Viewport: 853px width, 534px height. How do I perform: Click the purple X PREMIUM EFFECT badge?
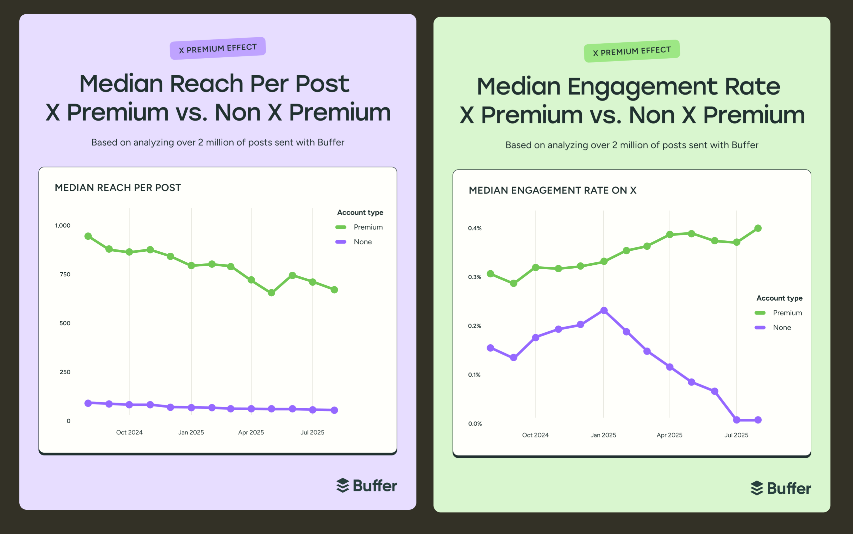(218, 48)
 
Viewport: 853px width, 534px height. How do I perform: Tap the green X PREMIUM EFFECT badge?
(632, 51)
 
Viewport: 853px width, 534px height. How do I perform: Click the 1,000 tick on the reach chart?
(63, 225)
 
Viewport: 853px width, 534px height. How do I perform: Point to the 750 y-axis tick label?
(65, 274)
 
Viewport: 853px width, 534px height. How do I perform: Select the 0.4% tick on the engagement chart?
(474, 228)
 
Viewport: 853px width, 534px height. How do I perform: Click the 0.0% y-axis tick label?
(475, 423)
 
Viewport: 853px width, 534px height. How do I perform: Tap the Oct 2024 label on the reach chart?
(129, 432)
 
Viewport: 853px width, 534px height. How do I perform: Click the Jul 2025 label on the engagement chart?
(736, 435)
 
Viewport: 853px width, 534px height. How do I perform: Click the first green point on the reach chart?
(88, 236)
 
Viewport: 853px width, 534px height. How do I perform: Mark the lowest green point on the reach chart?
(272, 292)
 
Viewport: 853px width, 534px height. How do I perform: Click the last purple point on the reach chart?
(334, 410)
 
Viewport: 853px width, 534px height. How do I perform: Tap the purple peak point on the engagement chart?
(604, 310)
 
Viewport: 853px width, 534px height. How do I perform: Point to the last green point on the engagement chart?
(758, 228)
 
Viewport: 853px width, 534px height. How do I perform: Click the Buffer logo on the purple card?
(367, 486)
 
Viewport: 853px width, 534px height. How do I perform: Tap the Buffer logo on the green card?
(781, 488)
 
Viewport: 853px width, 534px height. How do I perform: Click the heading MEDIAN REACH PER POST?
(118, 187)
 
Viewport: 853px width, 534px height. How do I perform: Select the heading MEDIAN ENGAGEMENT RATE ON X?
(552, 190)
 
